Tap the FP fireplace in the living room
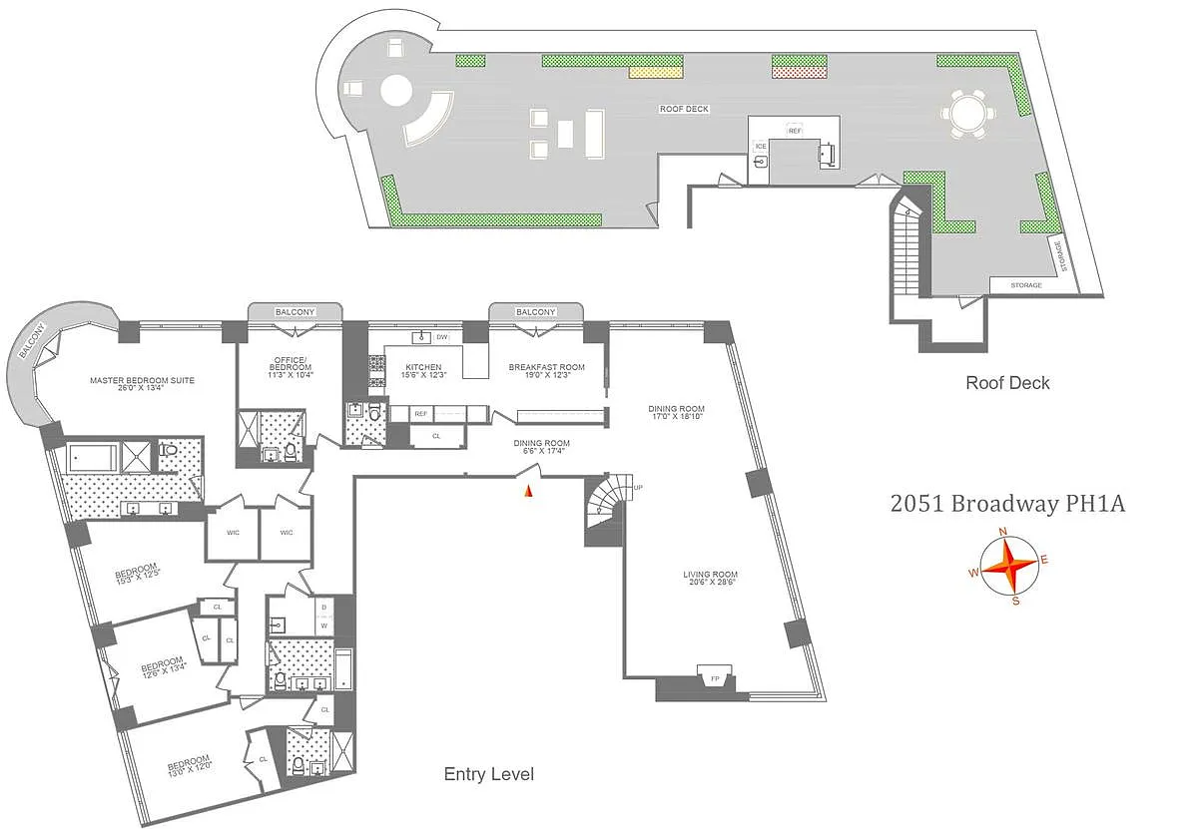pos(716,678)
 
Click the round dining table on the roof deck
pos(966,114)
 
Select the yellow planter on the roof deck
pos(656,72)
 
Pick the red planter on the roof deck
pos(799,72)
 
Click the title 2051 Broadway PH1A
pos(1007,504)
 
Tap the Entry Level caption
pos(488,774)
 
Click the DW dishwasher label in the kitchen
pos(441,337)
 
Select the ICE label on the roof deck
pos(760,147)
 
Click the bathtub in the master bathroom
pos(92,459)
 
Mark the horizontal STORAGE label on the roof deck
pos(1025,285)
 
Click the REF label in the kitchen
pos(420,413)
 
